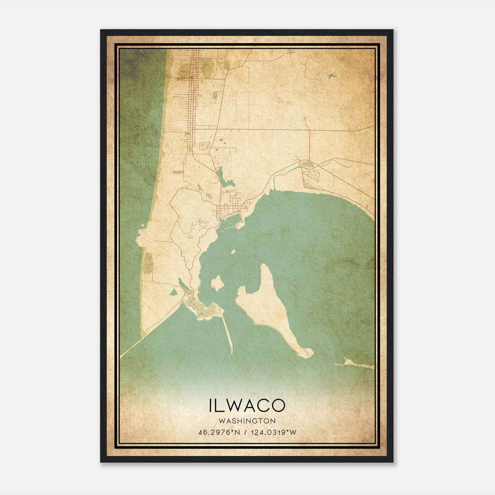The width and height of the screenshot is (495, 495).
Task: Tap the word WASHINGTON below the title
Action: click(x=247, y=421)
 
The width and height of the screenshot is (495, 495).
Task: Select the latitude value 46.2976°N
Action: click(x=220, y=432)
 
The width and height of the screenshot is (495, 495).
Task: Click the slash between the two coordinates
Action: click(x=245, y=432)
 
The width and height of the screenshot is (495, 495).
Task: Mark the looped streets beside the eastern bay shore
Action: click(x=311, y=175)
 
